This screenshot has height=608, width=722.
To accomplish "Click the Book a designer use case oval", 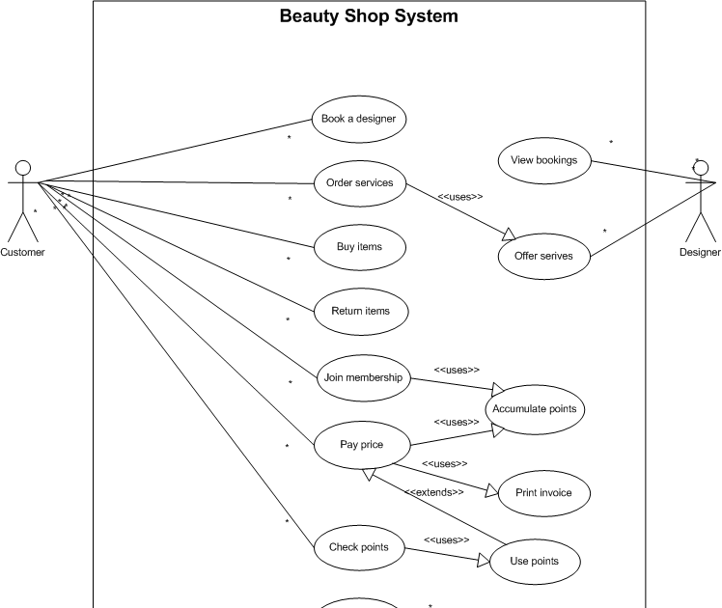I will [359, 120].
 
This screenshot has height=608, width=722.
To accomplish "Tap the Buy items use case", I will [360, 247].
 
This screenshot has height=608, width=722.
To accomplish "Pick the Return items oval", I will [361, 311].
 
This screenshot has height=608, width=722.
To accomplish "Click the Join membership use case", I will [362, 377].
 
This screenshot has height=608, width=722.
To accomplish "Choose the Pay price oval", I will [362, 445].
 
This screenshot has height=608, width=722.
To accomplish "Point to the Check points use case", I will [359, 547].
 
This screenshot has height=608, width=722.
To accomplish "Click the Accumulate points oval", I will [535, 409].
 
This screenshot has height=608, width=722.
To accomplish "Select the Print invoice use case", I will [543, 493].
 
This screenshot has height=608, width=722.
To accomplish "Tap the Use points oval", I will [535, 561].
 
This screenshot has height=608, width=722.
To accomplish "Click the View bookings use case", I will [543, 160].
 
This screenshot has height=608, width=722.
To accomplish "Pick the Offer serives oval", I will [543, 256].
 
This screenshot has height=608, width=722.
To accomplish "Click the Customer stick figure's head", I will [23, 168].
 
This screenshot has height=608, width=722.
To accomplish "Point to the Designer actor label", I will [700, 253].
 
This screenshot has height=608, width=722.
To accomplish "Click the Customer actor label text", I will [22, 253].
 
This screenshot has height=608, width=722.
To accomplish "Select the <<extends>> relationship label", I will [434, 492].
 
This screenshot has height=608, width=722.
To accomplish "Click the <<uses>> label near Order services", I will [460, 197].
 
